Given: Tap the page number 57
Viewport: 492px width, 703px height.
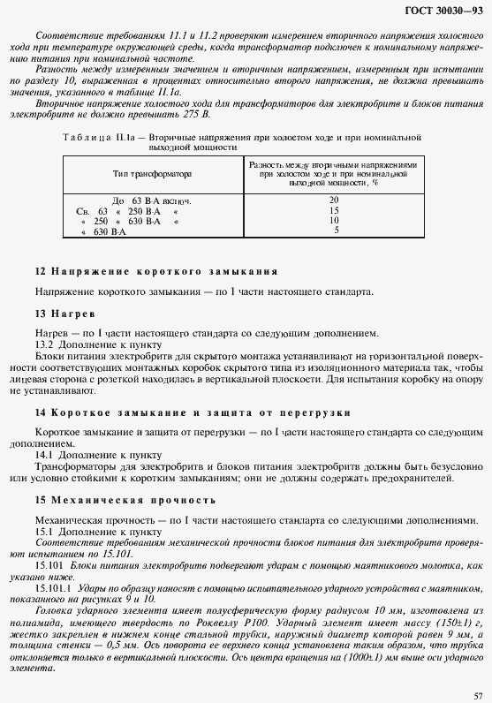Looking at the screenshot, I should pyautogui.click(x=477, y=694).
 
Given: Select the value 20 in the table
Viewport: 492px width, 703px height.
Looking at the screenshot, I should pyautogui.click(x=334, y=200).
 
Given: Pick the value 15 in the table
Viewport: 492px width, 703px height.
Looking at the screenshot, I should pyautogui.click(x=334, y=210).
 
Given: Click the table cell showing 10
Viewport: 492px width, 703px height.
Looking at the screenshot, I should pyautogui.click(x=334, y=220).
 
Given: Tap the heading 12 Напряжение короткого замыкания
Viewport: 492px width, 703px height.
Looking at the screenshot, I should pyautogui.click(x=155, y=271).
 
